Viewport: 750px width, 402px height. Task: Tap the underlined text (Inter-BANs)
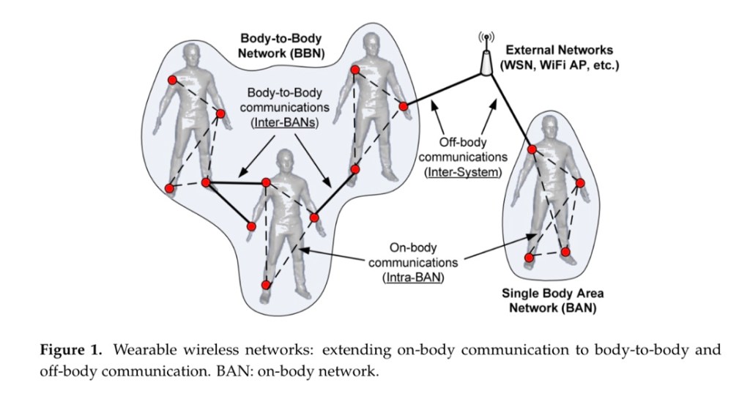click(283, 123)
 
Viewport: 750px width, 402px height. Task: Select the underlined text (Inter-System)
click(462, 172)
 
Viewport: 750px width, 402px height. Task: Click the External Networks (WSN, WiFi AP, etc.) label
click(558, 59)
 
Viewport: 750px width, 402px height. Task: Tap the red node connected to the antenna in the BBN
click(403, 107)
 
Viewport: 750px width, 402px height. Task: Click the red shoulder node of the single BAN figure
click(532, 149)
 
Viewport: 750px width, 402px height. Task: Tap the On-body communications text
click(414, 254)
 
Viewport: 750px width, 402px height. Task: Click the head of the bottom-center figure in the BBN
click(283, 162)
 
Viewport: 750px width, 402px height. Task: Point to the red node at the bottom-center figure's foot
click(266, 284)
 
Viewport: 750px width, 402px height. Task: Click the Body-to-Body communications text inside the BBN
click(283, 101)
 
